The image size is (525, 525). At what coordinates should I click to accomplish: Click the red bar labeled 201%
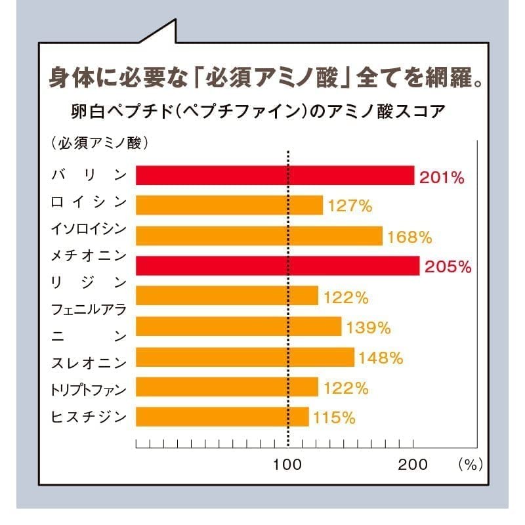[x=275, y=175]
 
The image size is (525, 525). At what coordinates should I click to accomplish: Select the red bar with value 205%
[x=278, y=266]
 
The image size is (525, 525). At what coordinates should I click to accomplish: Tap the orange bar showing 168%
[x=259, y=236]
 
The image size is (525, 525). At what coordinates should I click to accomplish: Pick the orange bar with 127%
[x=229, y=205]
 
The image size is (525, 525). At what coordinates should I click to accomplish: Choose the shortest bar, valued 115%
[x=222, y=417]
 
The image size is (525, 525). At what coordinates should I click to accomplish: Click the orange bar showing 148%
[x=245, y=357]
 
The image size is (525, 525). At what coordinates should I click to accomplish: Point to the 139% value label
[x=369, y=327]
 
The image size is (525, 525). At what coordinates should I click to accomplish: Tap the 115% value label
[x=335, y=417]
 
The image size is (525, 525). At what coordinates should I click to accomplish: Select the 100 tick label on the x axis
[x=287, y=465]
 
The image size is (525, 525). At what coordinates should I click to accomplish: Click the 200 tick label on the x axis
[x=413, y=465]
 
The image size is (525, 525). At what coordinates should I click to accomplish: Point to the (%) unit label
[x=470, y=465]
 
